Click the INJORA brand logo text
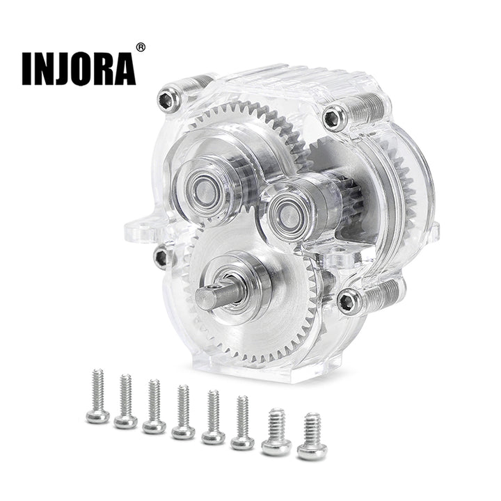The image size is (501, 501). tap(79, 70)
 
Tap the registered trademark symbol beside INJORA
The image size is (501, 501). tap(141, 47)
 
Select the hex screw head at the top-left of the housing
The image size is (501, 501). tap(168, 100)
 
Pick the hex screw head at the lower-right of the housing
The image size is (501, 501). tap(349, 301)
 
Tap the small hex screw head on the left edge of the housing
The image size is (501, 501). tap(161, 257)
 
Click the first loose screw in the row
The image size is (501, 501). tap(98, 397)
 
